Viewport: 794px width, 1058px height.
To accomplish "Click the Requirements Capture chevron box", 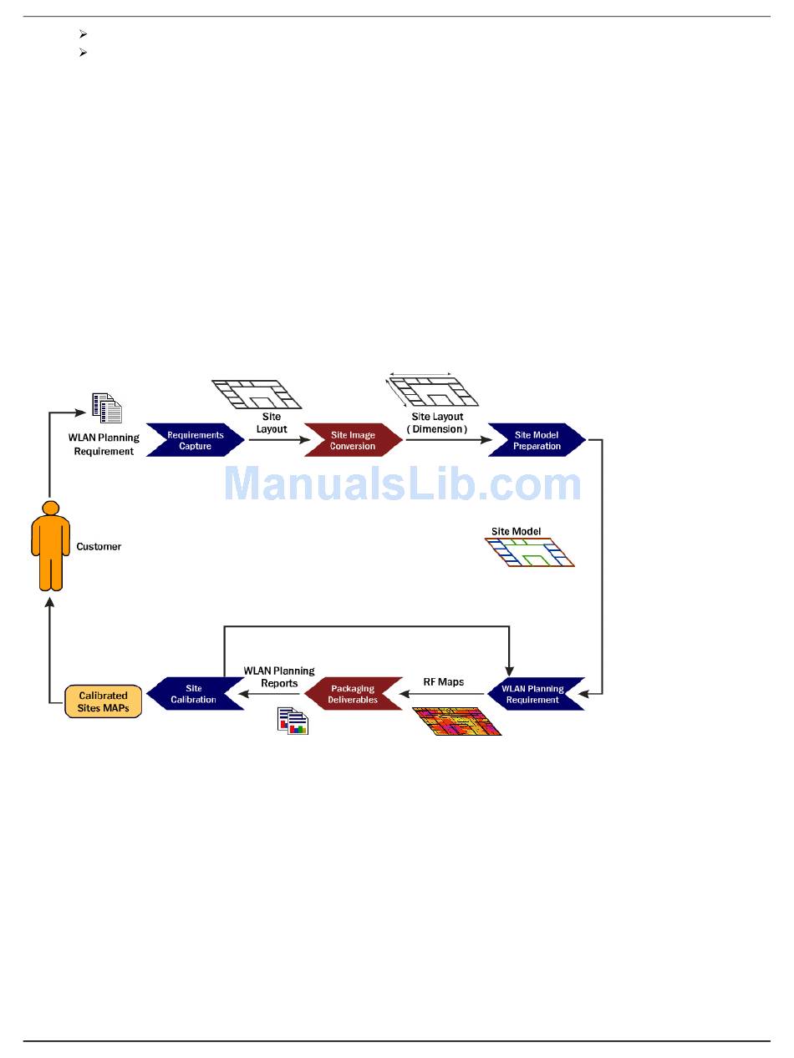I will (x=195, y=440).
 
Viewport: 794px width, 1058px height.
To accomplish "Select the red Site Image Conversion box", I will (x=353, y=440).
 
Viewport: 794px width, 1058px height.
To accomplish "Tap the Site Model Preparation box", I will (x=537, y=440).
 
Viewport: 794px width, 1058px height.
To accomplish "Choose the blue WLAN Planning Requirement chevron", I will (x=532, y=694).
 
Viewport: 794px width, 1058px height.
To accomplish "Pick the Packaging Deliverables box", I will (x=353, y=694).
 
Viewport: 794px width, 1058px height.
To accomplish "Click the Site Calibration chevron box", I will (x=194, y=694).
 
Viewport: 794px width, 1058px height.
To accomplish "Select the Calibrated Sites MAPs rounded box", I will (x=103, y=701).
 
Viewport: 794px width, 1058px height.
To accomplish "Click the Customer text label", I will (x=99, y=546).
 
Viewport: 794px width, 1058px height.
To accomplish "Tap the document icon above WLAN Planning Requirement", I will (x=107, y=408).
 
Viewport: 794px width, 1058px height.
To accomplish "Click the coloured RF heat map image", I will (x=457, y=721).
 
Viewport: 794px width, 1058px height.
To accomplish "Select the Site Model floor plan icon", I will (x=530, y=552).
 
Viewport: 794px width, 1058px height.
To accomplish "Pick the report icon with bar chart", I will (x=293, y=721).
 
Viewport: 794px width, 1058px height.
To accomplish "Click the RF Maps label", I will (x=443, y=682).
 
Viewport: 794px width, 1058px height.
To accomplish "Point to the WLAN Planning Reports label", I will (x=279, y=676).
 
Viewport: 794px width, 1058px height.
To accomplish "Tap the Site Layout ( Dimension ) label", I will (x=437, y=423).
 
